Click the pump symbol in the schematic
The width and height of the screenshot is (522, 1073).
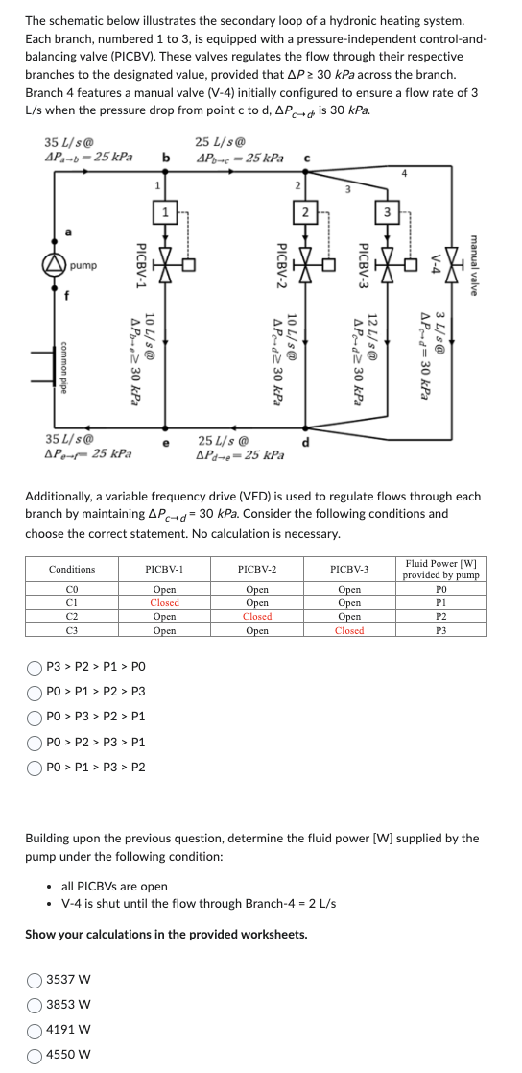click(x=55, y=264)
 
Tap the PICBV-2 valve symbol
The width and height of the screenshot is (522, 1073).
click(x=305, y=264)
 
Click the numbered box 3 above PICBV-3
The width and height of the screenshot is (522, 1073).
click(x=387, y=211)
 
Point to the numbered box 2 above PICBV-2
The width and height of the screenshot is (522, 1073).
click(x=305, y=211)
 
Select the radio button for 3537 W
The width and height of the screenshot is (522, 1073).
click(x=35, y=981)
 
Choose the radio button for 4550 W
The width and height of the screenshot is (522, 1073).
click(x=35, y=1053)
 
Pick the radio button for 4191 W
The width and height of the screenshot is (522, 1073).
click(x=35, y=1029)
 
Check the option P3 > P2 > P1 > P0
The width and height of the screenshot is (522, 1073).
click(x=35, y=665)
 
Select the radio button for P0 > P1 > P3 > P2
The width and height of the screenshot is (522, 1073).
click(x=35, y=768)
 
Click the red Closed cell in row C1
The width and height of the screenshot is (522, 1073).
click(x=164, y=602)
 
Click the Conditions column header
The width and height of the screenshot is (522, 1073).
click(x=72, y=569)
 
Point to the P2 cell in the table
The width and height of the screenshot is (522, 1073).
click(x=440, y=616)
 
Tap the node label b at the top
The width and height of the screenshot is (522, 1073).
click(x=166, y=157)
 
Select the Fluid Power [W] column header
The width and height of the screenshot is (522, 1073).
click(x=440, y=569)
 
